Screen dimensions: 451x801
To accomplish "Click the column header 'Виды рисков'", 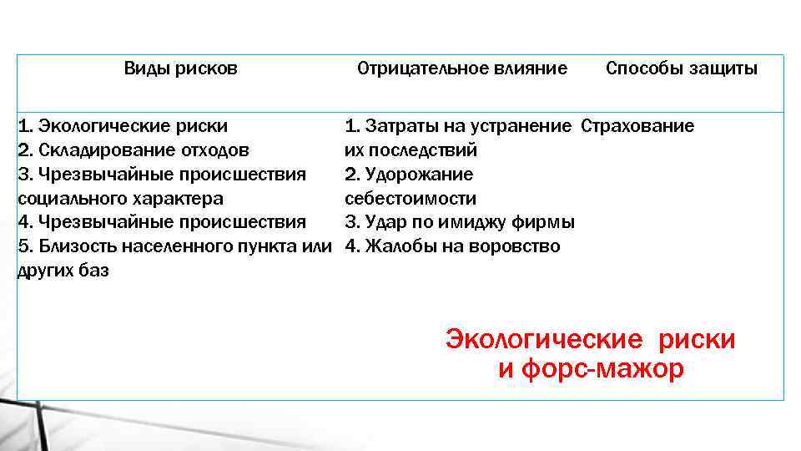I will coord(180,68).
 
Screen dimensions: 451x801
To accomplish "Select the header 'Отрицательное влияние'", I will coord(462,68).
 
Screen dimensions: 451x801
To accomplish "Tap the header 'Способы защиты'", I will coord(682,68).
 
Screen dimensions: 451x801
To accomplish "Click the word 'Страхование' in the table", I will coord(637,126).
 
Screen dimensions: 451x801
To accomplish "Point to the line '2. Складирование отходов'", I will coord(133,150).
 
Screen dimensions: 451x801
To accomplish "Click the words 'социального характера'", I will coord(120,199).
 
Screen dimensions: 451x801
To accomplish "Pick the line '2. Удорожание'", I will coord(409,175).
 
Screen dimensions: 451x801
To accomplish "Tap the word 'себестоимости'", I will coord(411,199).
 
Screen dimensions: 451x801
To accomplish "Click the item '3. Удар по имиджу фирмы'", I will coord(460,222).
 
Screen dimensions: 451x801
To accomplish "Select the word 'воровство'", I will coord(520,246).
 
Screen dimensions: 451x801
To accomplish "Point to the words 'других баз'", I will coord(63,271).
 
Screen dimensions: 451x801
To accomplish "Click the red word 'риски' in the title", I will coord(697,340).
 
